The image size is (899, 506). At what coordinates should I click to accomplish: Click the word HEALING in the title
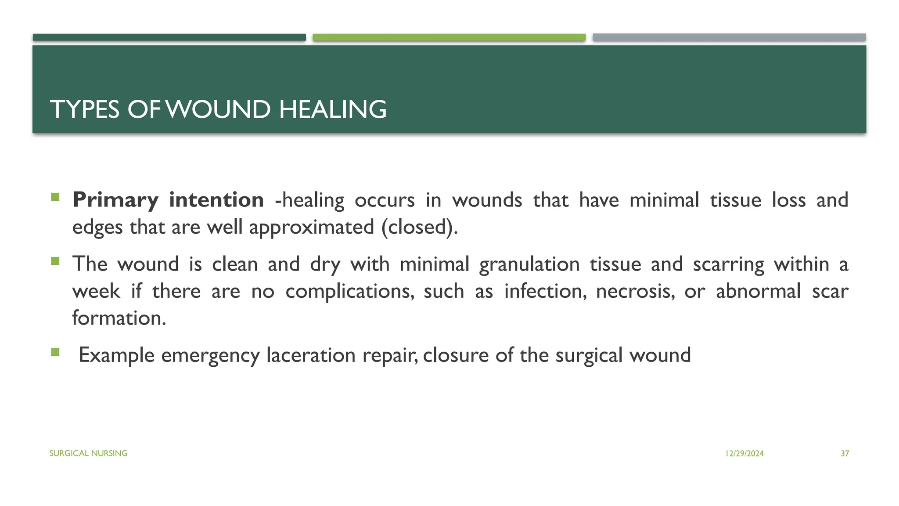pyautogui.click(x=333, y=109)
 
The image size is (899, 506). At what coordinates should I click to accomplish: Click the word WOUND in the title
pyautogui.click(x=218, y=109)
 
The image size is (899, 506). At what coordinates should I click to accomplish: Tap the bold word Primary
pyautogui.click(x=115, y=200)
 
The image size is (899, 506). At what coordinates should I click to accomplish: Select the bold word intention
pyautogui.click(x=216, y=200)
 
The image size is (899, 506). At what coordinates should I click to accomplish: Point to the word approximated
pyautogui.click(x=312, y=228)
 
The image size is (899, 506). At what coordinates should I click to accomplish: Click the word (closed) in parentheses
pyautogui.click(x=419, y=228)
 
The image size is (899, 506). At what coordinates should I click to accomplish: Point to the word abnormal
pyautogui.click(x=758, y=292)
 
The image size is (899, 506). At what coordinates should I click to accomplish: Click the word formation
pyautogui.click(x=119, y=318)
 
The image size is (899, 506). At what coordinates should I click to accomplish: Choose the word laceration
pyautogui.click(x=311, y=355)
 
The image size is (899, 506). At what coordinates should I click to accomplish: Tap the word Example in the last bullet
pyautogui.click(x=116, y=355)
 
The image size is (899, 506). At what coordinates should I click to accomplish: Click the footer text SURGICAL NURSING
pyautogui.click(x=88, y=453)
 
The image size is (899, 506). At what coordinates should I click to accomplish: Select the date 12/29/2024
pyautogui.click(x=744, y=454)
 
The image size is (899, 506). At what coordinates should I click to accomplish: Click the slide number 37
pyautogui.click(x=845, y=454)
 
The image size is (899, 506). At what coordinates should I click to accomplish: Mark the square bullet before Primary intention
pyautogui.click(x=55, y=197)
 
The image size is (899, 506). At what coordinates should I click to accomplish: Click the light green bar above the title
pyautogui.click(x=449, y=37)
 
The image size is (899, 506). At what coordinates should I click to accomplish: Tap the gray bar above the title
pyautogui.click(x=729, y=37)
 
